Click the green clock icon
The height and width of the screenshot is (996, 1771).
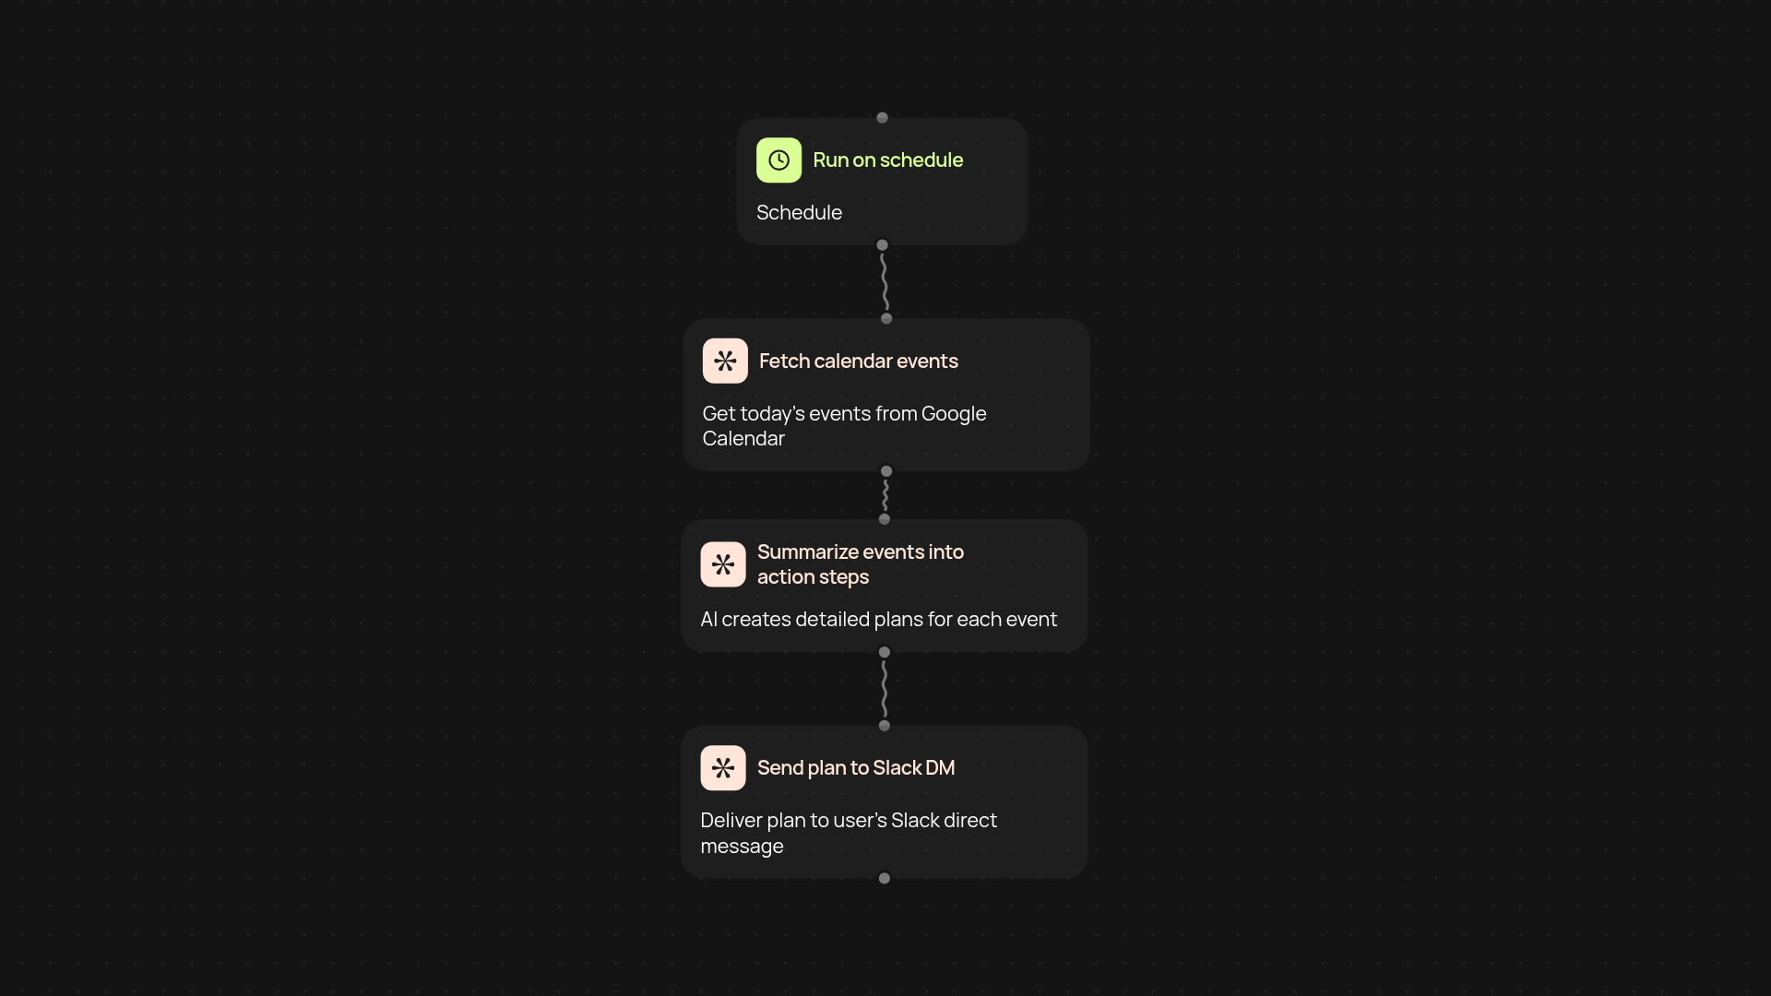click(779, 160)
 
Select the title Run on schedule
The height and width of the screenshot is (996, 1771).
click(887, 160)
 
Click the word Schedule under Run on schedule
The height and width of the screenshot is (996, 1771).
click(799, 213)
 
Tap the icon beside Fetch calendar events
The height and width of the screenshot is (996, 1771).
click(725, 361)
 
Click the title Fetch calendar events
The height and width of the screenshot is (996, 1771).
click(858, 362)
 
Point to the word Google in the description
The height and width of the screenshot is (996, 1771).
click(954, 414)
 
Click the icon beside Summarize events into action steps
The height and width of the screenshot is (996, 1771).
click(723, 564)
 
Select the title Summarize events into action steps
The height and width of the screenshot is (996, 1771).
click(861, 564)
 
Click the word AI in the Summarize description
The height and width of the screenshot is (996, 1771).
click(708, 620)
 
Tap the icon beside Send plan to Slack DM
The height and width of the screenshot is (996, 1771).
click(723, 768)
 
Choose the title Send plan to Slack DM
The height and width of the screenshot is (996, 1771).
click(856, 768)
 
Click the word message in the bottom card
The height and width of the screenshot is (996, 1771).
click(742, 847)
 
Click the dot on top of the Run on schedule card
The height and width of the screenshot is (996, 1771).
click(882, 117)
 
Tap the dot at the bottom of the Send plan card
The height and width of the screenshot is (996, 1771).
click(885, 878)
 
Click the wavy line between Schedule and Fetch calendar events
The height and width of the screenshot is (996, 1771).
click(885, 281)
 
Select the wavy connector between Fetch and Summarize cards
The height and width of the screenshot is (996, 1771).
click(885, 495)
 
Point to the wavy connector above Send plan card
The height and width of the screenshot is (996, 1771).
click(885, 689)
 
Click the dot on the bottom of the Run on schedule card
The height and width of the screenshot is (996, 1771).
click(882, 245)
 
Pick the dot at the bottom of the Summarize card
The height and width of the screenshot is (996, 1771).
click(885, 652)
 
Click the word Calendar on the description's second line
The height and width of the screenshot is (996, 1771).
click(743, 439)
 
